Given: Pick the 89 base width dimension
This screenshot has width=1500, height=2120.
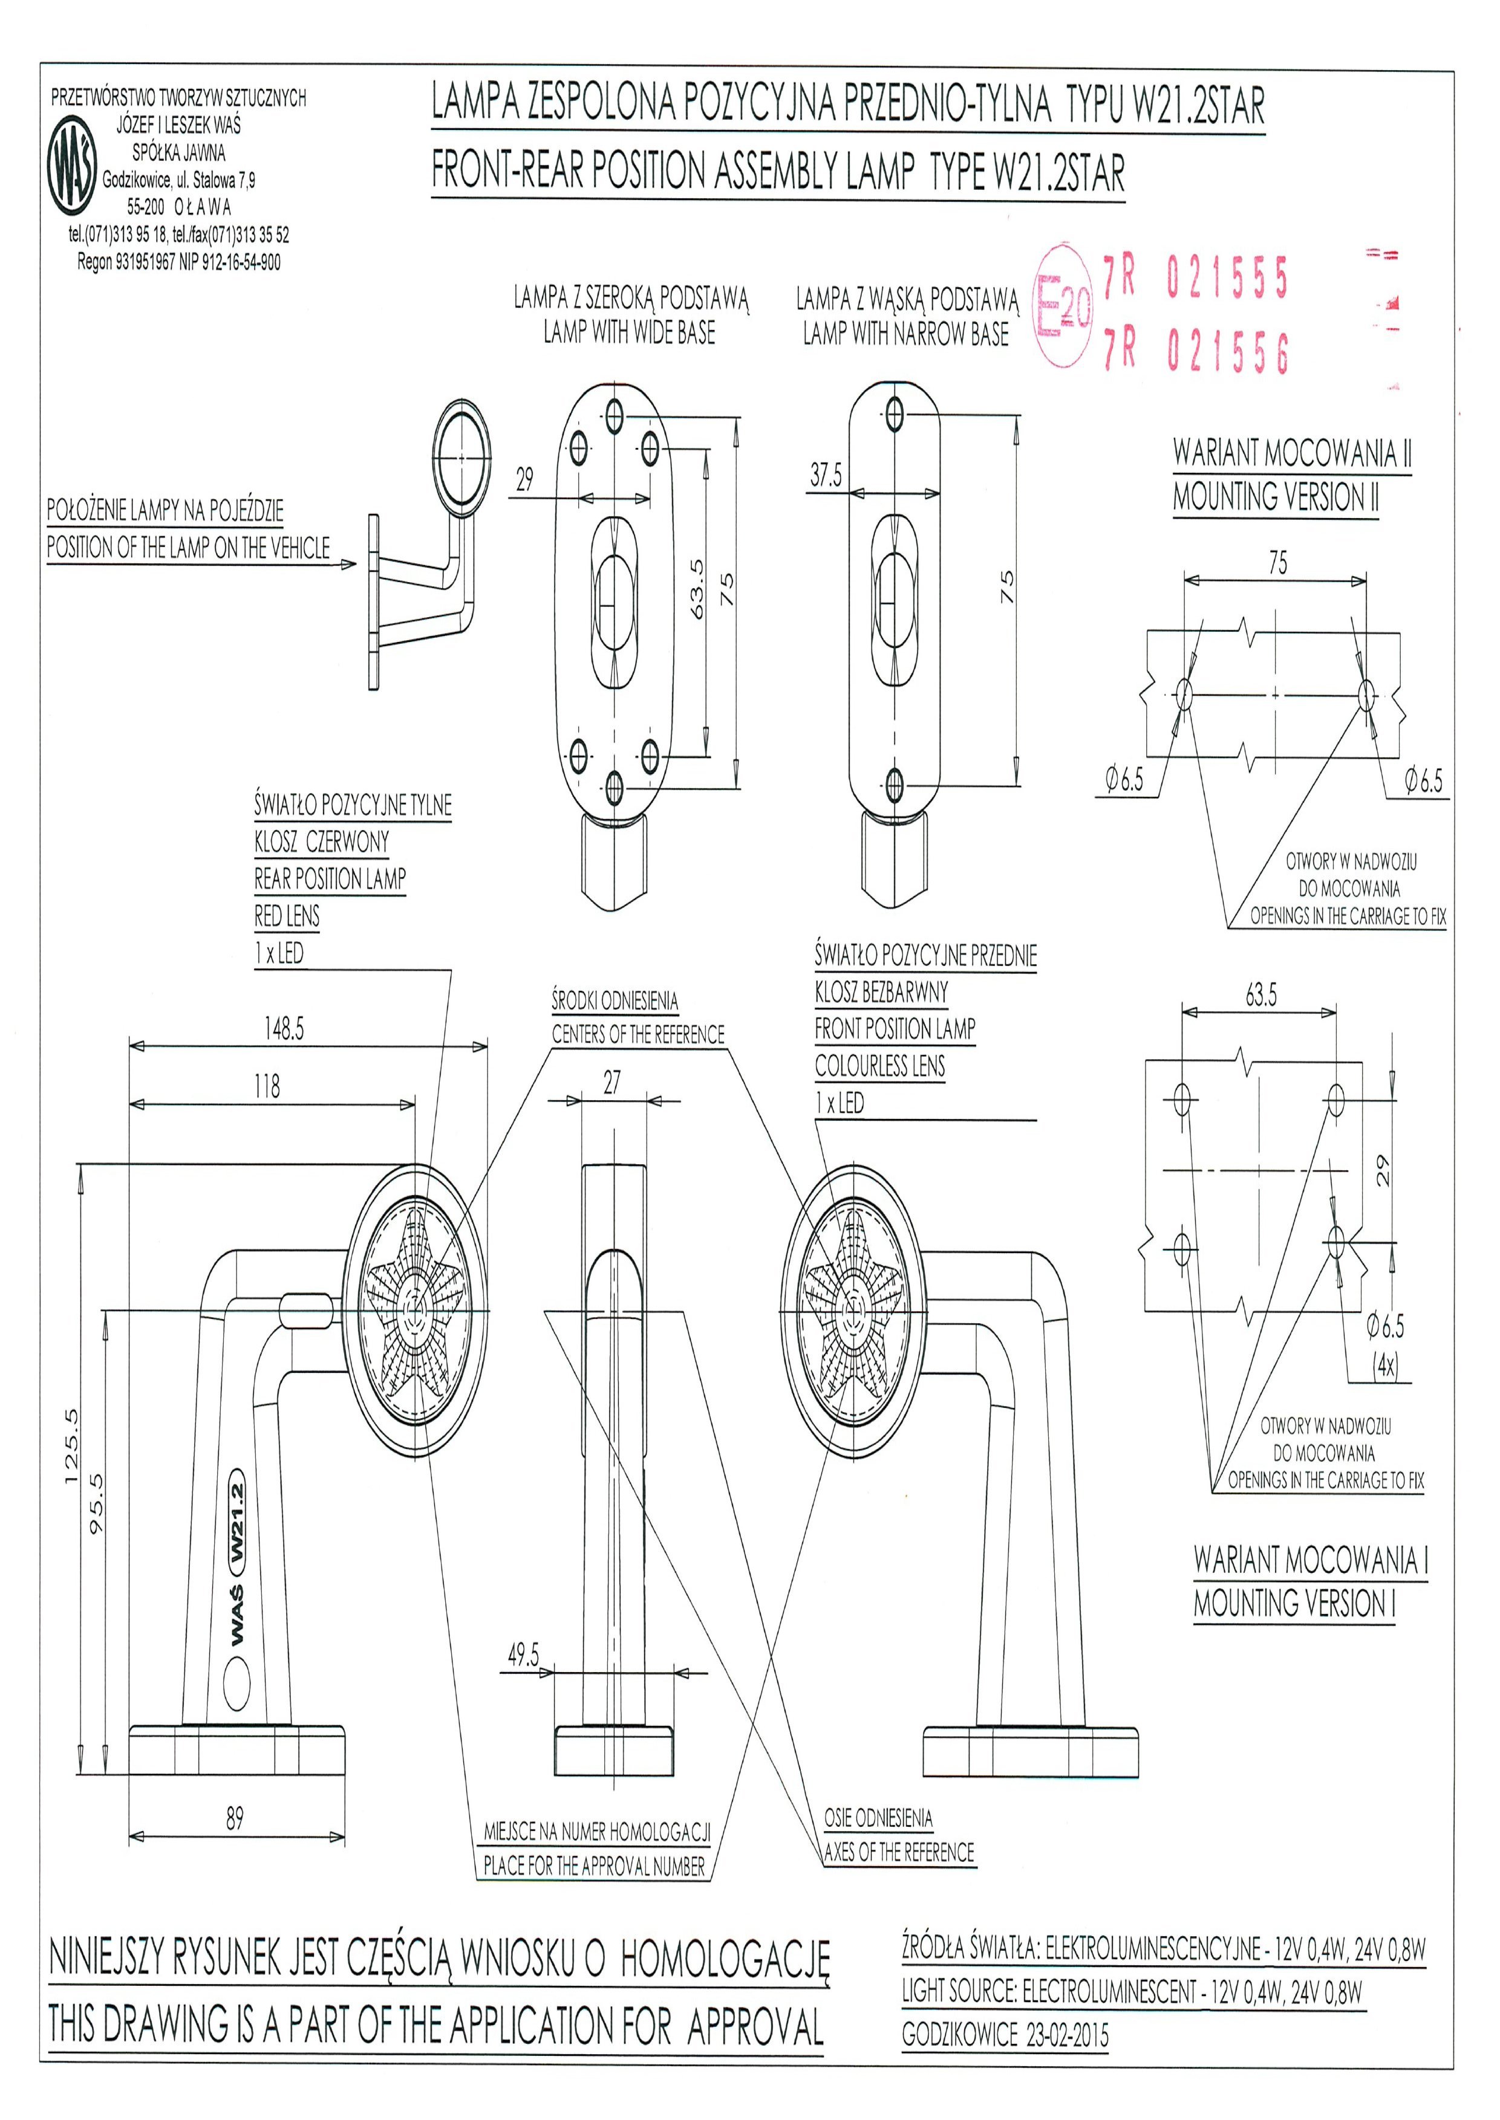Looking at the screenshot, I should [235, 1818].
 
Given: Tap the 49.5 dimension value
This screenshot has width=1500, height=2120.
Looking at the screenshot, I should [523, 1654].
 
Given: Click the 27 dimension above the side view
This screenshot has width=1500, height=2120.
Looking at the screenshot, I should [611, 1082].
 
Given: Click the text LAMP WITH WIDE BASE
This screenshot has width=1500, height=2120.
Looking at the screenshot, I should [629, 332].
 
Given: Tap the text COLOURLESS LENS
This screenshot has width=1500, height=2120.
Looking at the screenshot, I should [879, 1066].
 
